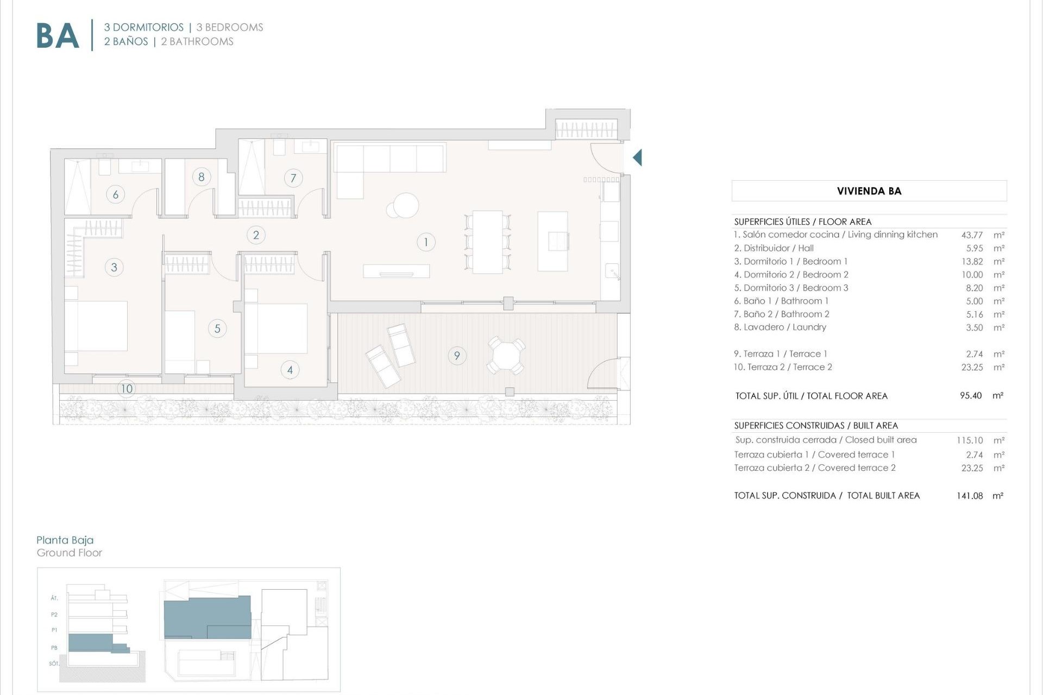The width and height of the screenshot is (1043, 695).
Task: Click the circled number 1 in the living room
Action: click(x=426, y=242)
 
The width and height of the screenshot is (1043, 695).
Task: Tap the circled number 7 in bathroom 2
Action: click(x=293, y=178)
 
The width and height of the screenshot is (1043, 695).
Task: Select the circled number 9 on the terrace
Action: click(x=457, y=356)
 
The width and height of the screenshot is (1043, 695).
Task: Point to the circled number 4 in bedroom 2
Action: click(x=290, y=370)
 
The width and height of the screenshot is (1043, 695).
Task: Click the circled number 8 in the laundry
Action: click(x=202, y=176)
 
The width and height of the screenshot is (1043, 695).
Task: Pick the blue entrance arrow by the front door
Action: click(x=637, y=157)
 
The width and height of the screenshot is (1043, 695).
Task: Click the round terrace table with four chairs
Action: click(x=506, y=356)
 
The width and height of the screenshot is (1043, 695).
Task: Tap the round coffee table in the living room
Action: click(x=405, y=206)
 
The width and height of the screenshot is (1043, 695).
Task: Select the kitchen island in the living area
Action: click(x=552, y=241)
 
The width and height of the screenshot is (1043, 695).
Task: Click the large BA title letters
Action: click(x=58, y=36)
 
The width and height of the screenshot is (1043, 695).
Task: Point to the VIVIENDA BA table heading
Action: click(x=869, y=191)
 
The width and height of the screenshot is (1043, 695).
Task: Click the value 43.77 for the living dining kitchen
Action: click(x=972, y=235)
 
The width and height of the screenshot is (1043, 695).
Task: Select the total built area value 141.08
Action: click(x=970, y=496)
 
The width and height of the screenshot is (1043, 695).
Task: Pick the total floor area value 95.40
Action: click(x=971, y=396)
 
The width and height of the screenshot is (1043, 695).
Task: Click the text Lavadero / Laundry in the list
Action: click(x=780, y=327)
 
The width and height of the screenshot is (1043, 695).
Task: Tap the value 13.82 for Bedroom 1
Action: click(x=972, y=262)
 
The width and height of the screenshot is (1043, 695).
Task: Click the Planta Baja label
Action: click(x=65, y=540)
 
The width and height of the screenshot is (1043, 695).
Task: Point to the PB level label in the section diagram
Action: click(x=54, y=648)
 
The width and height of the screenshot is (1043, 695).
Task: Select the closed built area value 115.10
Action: click(x=970, y=440)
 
